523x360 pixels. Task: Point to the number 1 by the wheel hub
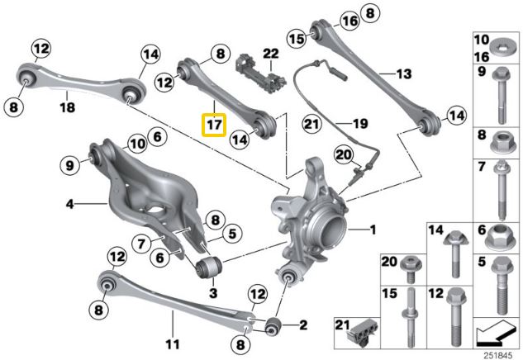pyautogui.click(x=372, y=228)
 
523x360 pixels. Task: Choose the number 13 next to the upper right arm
pyautogui.click(x=402, y=74)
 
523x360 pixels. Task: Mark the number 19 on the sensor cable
pyautogui.click(x=359, y=124)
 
